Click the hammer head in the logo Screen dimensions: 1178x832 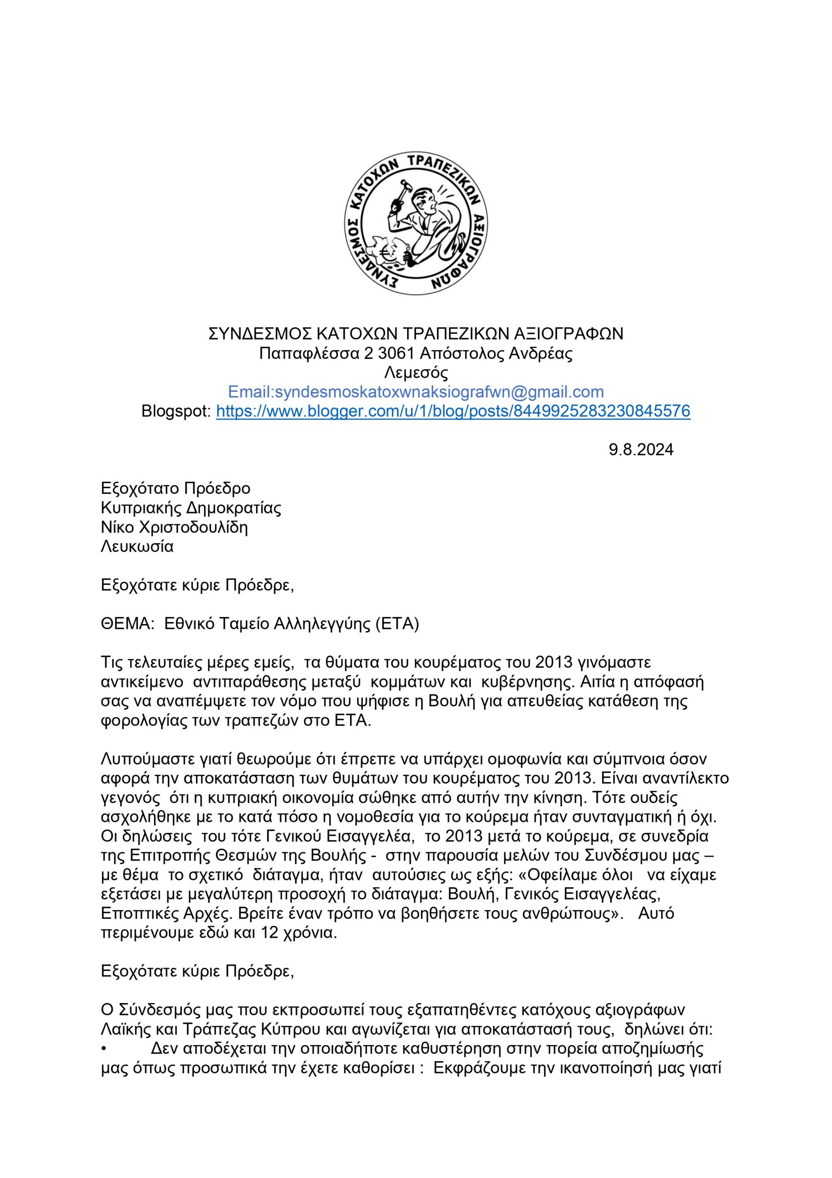405,183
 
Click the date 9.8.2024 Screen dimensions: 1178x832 641,450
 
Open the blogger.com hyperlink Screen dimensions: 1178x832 453,411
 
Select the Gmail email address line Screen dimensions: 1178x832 415,393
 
